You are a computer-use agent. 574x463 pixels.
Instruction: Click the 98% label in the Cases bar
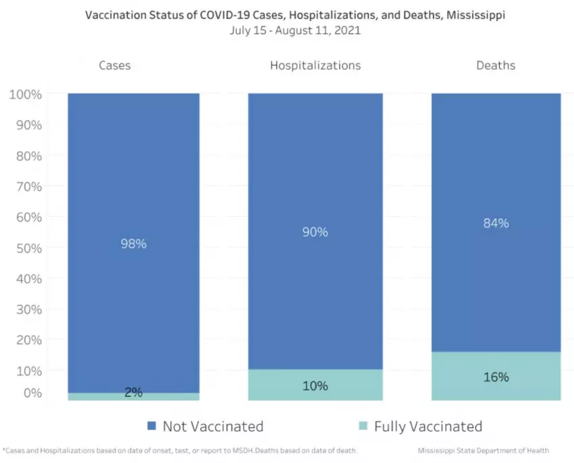click(133, 244)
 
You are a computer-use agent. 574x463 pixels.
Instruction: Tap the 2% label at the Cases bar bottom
click(133, 392)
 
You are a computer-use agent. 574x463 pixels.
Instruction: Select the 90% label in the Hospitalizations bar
click(315, 232)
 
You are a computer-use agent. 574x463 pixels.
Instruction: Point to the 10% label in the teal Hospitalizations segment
click(315, 386)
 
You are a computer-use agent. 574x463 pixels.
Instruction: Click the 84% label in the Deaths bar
click(496, 223)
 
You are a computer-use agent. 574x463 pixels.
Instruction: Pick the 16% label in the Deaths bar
click(496, 377)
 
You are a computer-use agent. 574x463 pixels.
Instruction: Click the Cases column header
click(115, 65)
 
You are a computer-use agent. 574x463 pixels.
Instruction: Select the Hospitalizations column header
click(315, 65)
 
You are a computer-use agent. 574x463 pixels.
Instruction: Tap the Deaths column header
click(496, 65)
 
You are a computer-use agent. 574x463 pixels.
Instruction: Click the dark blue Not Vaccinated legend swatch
click(152, 426)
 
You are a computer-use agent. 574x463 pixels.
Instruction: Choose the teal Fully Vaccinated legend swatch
click(363, 426)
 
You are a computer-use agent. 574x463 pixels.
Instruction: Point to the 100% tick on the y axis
click(26, 94)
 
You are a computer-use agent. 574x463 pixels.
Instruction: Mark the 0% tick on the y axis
click(31, 392)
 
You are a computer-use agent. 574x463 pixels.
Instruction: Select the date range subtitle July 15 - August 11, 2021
click(294, 30)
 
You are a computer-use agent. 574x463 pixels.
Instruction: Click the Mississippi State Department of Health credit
click(483, 450)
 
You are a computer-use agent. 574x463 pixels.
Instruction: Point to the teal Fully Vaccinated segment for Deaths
click(496, 388)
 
